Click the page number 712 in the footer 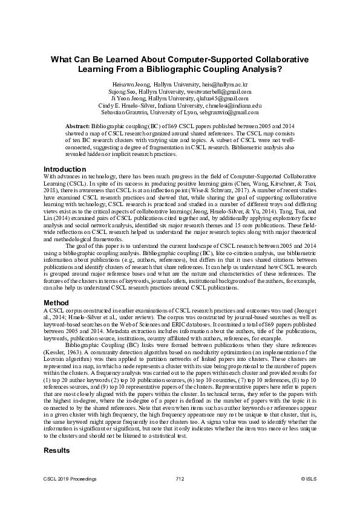pos(180,478)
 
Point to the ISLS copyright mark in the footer pos(309,478)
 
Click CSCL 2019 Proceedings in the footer pos(70,478)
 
